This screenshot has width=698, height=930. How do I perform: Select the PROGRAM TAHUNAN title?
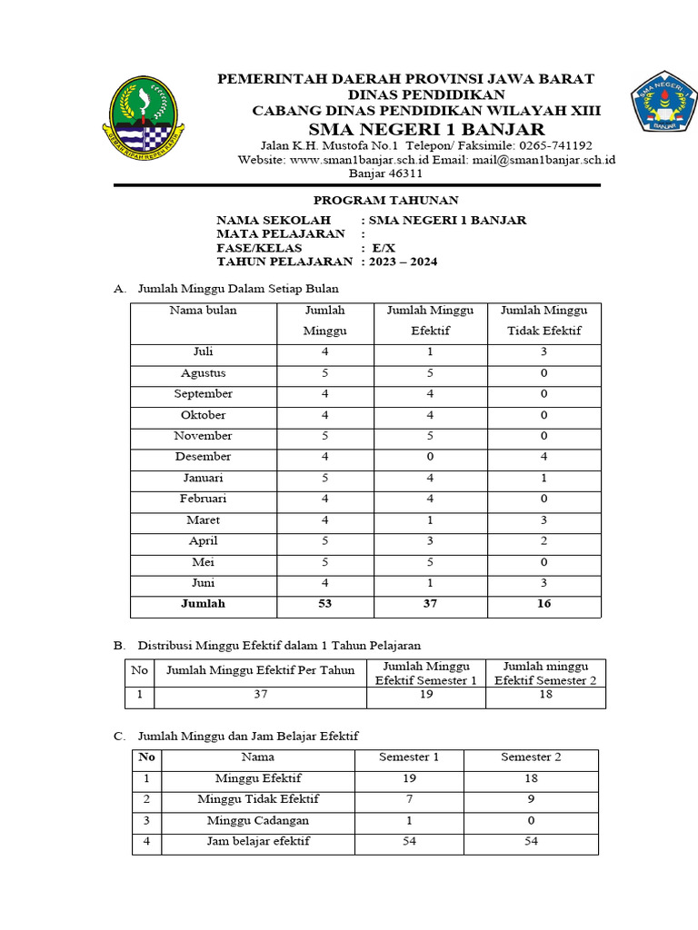[x=386, y=200]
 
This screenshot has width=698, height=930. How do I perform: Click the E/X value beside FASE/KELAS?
[x=383, y=248]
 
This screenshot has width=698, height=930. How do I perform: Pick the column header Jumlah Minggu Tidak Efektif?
[x=543, y=321]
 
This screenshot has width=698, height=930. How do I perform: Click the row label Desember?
[x=203, y=457]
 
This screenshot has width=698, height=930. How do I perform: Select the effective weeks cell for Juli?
[x=430, y=352]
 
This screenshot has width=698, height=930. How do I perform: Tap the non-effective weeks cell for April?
[x=543, y=541]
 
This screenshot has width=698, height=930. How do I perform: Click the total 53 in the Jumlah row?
[x=324, y=604]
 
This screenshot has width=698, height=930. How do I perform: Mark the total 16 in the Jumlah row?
[x=543, y=604]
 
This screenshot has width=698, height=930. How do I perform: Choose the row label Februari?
[x=203, y=499]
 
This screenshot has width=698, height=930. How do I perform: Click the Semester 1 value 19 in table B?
[x=426, y=696]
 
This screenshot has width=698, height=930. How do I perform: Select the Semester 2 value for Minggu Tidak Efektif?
[x=531, y=800]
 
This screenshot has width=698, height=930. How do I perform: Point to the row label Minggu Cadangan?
[x=257, y=821]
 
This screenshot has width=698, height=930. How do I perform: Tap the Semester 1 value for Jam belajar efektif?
[x=408, y=842]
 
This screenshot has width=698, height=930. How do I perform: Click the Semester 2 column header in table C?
[x=531, y=757]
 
